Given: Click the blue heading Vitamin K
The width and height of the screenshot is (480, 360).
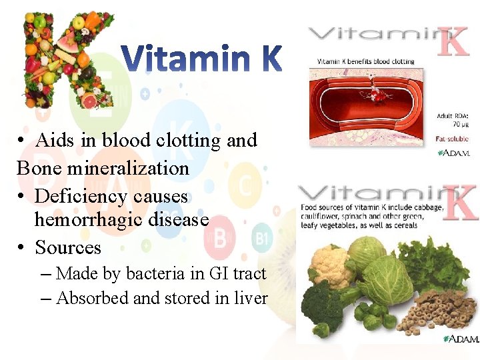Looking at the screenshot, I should pyautogui.click(x=203, y=59).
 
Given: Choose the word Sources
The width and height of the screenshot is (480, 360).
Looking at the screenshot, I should pyautogui.click(x=68, y=247).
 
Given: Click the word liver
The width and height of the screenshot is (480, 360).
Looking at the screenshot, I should pyautogui.click(x=252, y=298).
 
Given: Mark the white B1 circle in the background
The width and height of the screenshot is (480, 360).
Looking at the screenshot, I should pyautogui.click(x=261, y=238).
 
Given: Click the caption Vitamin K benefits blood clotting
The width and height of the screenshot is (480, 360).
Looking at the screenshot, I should pyautogui.click(x=361, y=62).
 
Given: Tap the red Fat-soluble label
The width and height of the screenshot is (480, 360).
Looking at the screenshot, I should pyautogui.click(x=452, y=139).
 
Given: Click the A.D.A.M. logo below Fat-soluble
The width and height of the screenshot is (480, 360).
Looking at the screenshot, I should pyautogui.click(x=453, y=153).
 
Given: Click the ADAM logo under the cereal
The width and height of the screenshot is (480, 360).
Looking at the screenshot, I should pyautogui.click(x=461, y=339).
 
